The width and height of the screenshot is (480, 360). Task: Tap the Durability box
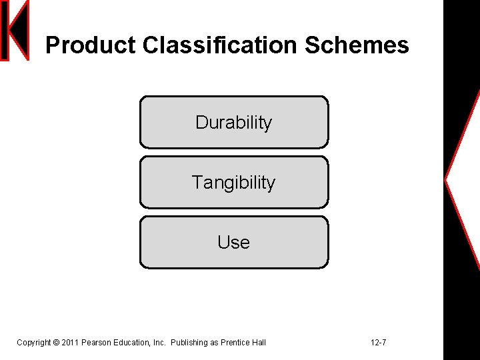[x=234, y=122]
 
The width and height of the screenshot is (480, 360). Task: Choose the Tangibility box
[x=234, y=182]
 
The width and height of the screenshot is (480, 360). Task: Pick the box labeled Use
[x=234, y=242]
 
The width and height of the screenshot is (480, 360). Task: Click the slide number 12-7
[x=378, y=343]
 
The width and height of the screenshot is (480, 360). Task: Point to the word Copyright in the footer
[x=33, y=343]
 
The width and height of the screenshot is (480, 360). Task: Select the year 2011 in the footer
[x=70, y=343]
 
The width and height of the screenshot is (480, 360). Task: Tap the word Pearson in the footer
[x=96, y=343]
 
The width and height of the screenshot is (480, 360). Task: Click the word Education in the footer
[x=131, y=343]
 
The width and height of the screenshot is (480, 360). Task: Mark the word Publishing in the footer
[x=189, y=343]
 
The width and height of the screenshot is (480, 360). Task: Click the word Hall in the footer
[x=259, y=343]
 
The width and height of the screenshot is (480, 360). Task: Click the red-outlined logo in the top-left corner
[x=15, y=31]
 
